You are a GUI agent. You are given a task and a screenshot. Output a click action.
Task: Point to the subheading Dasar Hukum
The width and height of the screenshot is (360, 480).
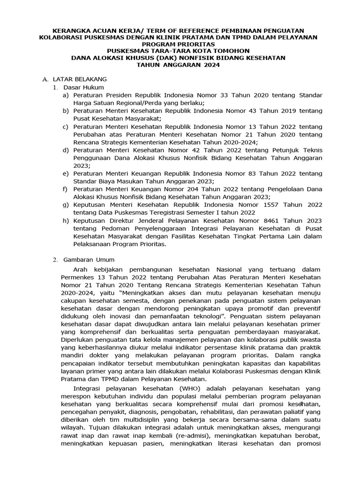pos(84,87)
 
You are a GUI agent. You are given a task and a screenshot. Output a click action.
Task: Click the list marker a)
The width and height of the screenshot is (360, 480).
pos(66,95)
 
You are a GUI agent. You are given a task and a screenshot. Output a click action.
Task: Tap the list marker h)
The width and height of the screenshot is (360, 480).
pos(66,220)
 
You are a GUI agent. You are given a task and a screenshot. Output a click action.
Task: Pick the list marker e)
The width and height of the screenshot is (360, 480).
pos(66,173)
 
